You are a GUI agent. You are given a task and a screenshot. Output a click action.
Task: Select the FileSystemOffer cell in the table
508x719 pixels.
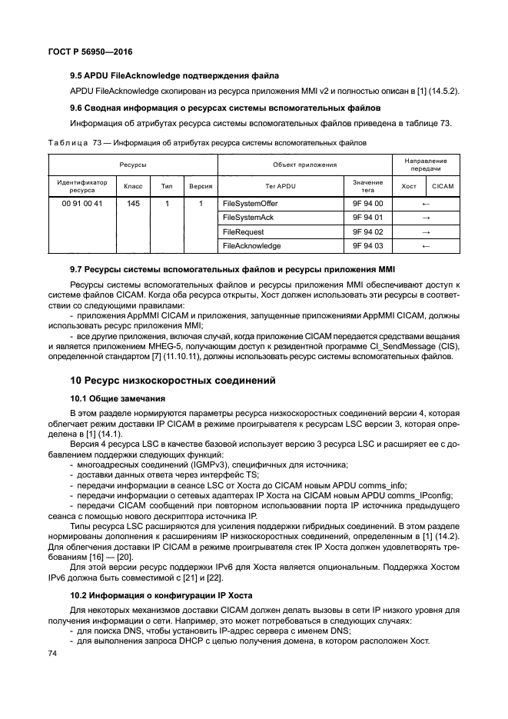(x=250, y=204)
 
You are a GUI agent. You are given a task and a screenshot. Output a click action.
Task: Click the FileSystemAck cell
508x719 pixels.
(x=247, y=218)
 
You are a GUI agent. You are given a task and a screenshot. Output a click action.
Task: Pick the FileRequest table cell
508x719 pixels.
(x=241, y=231)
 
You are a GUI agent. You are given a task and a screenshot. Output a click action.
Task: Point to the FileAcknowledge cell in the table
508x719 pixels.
(x=251, y=246)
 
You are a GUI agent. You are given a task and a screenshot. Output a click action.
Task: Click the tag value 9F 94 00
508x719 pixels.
(x=367, y=204)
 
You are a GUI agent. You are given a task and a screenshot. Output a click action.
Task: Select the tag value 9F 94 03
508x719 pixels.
(x=367, y=246)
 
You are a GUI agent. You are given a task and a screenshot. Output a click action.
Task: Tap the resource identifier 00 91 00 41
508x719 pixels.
(x=81, y=204)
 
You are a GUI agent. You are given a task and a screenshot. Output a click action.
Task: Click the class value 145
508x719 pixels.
(x=134, y=204)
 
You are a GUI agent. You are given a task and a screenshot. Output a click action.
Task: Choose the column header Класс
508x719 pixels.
(x=134, y=187)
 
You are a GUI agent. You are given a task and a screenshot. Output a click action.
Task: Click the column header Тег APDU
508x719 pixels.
(x=280, y=187)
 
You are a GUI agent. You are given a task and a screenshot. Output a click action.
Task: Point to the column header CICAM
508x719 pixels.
(x=443, y=187)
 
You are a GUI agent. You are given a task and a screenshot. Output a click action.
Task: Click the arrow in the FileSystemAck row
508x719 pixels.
(x=425, y=218)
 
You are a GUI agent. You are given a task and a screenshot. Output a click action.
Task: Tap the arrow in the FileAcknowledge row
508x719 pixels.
(x=425, y=246)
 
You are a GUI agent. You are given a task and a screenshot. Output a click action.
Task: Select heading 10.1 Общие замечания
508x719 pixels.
(x=116, y=399)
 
